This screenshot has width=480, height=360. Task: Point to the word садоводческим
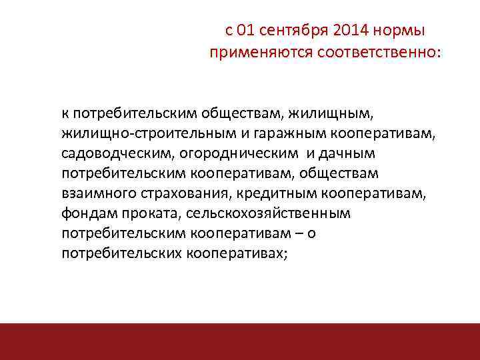(x=117, y=154)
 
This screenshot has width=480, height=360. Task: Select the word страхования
(x=175, y=194)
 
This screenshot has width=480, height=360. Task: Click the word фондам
(x=87, y=214)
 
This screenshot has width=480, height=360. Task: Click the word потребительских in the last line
(x=121, y=254)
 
